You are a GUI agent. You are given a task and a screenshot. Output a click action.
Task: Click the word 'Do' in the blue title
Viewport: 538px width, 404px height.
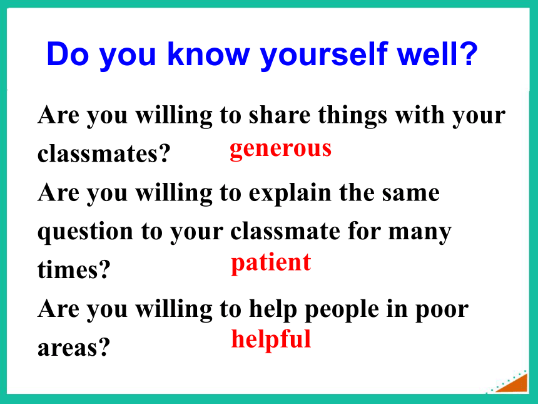68,54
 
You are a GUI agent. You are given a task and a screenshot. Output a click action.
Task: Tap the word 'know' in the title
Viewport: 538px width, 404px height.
208,54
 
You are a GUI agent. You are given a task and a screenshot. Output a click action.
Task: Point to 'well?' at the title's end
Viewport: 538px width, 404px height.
437,54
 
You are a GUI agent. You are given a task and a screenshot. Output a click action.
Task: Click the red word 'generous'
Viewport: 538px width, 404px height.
281,150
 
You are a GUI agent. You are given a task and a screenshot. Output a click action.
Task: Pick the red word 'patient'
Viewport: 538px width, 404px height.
271,263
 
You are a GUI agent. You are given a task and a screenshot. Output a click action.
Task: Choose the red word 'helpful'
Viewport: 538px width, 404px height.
271,339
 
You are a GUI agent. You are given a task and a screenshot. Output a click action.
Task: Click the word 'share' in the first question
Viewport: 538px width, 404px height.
280,115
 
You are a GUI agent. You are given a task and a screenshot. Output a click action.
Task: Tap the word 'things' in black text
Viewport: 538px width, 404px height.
353,116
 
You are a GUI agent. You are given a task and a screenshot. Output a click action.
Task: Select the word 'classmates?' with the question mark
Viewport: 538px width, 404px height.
104,153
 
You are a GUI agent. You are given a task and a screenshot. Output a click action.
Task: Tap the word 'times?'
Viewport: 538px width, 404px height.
74,270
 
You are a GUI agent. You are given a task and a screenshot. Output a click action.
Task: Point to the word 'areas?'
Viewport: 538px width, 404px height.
74,348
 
